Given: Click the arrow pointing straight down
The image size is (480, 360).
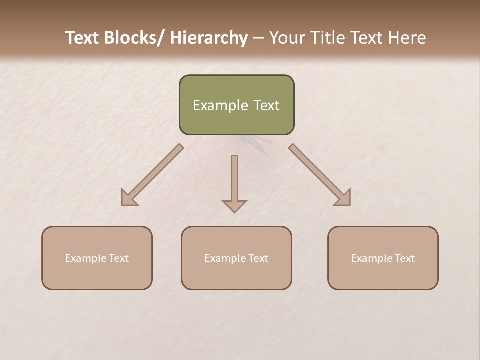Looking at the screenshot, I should (234, 180).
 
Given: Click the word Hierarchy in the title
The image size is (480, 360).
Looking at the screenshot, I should (209, 38).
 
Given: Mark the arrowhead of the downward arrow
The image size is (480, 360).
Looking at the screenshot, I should (234, 205).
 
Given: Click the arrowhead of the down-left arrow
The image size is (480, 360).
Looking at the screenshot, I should (129, 198).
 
